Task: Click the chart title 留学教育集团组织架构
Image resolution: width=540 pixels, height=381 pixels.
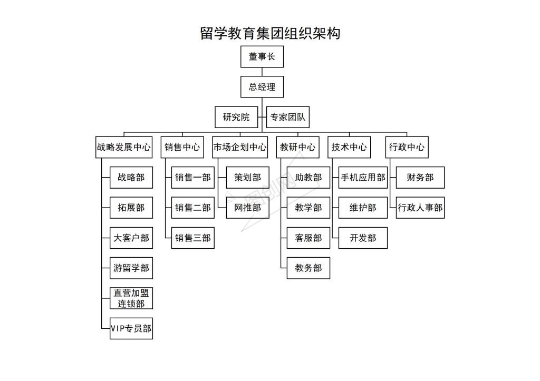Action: click(x=270, y=33)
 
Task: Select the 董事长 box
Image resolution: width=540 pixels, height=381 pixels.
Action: click(x=262, y=56)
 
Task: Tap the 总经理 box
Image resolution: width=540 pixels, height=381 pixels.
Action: click(x=262, y=87)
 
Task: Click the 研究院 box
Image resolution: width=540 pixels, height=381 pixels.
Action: click(x=236, y=117)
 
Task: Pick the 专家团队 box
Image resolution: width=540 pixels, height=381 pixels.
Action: click(x=288, y=117)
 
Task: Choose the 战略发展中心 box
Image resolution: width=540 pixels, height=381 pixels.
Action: click(x=124, y=148)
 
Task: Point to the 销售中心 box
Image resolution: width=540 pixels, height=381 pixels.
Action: click(x=182, y=148)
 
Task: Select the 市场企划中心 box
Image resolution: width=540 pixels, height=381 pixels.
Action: click(x=240, y=148)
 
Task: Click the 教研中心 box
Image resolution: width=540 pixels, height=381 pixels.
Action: click(x=297, y=148)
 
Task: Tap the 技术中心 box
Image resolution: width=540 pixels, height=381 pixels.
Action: click(x=349, y=148)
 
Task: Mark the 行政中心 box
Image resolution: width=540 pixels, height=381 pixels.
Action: click(x=407, y=148)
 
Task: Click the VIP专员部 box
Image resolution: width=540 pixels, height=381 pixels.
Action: click(x=131, y=328)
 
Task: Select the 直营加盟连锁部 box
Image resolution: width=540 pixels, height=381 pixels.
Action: click(x=131, y=298)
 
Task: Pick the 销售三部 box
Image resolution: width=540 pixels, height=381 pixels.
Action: click(x=193, y=238)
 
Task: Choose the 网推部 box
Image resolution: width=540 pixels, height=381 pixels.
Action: click(x=248, y=208)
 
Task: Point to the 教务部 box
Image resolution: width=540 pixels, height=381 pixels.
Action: click(x=308, y=268)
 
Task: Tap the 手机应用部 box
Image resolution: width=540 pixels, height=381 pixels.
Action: click(x=363, y=177)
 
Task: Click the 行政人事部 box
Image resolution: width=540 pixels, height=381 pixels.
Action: click(x=420, y=208)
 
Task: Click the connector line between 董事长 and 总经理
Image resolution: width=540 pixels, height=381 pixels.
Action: click(x=262, y=72)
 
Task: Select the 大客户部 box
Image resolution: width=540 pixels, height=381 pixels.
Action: click(x=131, y=238)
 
